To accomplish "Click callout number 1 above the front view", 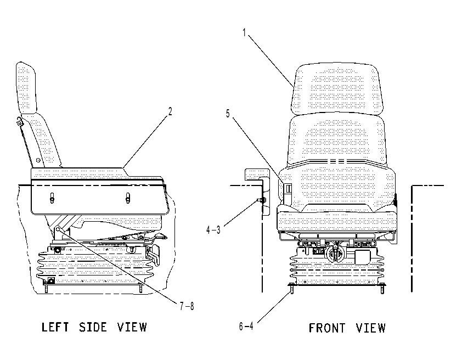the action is (x=244, y=32).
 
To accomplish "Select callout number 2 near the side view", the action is (x=170, y=111).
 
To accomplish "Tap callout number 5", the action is (x=228, y=114).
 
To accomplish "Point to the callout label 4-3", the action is (x=213, y=230).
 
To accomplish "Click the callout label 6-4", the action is (x=246, y=326).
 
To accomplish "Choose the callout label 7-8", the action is (x=187, y=306).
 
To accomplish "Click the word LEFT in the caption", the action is (x=55, y=327).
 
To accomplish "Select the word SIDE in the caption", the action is (x=93, y=327).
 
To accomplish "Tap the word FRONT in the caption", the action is (x=327, y=328).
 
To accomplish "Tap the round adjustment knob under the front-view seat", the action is (x=335, y=253).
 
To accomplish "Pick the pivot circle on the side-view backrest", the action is (x=38, y=160).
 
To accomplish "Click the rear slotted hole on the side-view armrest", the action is (x=52, y=198).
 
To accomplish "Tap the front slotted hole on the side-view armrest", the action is (x=128, y=198).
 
